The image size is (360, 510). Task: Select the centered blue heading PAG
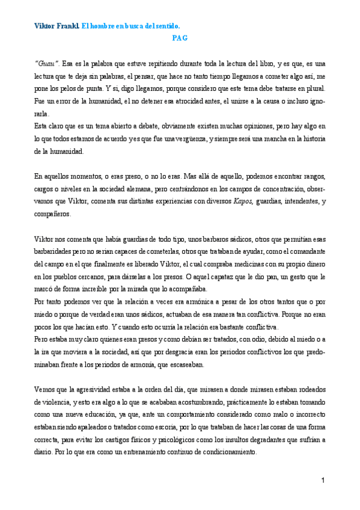pos(179,37)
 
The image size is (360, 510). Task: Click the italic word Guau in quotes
pos(46,63)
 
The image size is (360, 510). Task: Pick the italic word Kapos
pos(242,203)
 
